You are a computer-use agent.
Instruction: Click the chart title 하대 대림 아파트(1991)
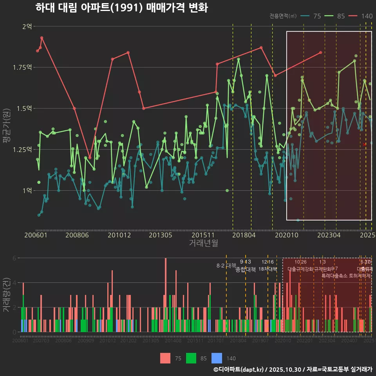(x=121, y=8)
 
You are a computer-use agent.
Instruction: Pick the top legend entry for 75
(x=311, y=16)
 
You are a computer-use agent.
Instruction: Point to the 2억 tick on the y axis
(x=27, y=26)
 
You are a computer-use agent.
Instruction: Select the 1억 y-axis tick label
(x=27, y=191)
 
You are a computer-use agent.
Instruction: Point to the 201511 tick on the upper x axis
(x=203, y=235)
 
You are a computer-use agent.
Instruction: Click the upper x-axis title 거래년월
(x=203, y=243)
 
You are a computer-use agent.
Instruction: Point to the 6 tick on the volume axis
(x=14, y=258)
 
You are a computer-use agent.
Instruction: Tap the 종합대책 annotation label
(x=246, y=269)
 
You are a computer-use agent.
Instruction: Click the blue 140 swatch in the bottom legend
(x=217, y=358)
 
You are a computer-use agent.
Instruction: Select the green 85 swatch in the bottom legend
(x=191, y=358)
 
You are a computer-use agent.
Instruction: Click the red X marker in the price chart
(x=365, y=145)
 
